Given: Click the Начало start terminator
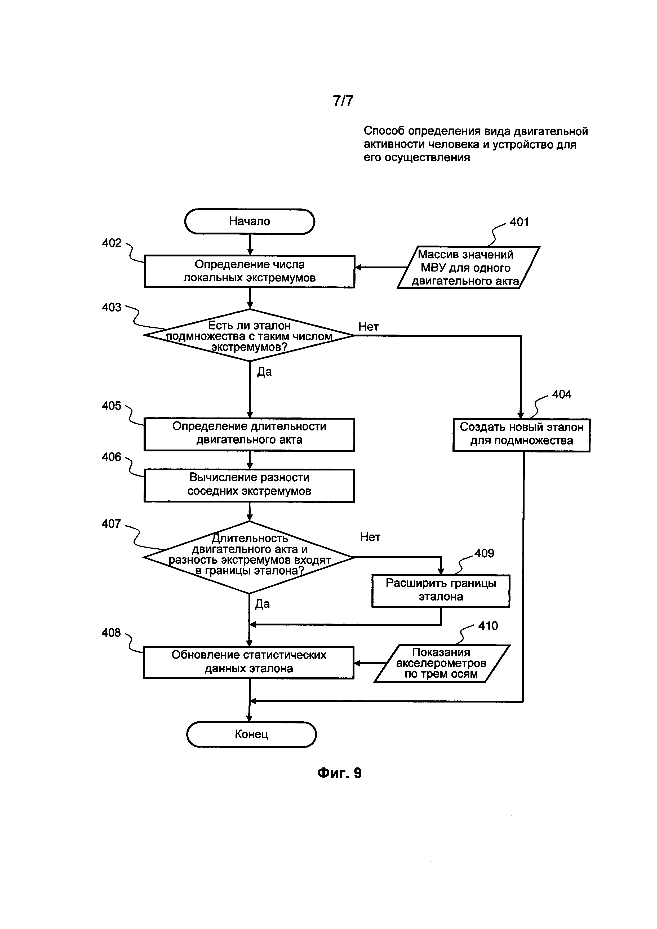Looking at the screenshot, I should [x=250, y=221].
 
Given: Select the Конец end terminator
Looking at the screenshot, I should [x=251, y=734].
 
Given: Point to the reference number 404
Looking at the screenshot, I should [x=562, y=394].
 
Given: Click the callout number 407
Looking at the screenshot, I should [x=111, y=524].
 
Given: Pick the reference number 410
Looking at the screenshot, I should [x=488, y=626].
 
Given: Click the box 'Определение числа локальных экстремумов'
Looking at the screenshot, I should [x=249, y=271].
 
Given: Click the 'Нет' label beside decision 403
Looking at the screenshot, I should [x=368, y=327].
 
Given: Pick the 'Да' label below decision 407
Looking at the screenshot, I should [x=262, y=604].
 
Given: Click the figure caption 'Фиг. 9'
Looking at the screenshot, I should [x=339, y=773].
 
